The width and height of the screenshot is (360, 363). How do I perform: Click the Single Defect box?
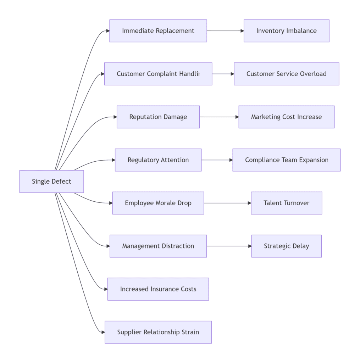pos(51,181)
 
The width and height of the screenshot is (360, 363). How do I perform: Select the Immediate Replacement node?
pos(158,31)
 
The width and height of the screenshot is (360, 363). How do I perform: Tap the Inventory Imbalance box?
pos(286,31)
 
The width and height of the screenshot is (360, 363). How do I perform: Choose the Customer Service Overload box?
pos(286,74)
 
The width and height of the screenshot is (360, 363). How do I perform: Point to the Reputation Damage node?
pos(158,117)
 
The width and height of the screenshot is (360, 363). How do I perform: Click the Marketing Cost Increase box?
pos(286,117)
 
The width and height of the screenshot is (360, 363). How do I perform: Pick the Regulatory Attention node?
pos(158,160)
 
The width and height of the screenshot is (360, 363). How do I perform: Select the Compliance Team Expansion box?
pos(286,160)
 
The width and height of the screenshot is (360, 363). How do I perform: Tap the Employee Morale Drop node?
pos(158,203)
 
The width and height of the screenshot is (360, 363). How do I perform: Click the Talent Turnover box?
pos(286,203)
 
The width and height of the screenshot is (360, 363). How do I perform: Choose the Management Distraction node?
pos(158,246)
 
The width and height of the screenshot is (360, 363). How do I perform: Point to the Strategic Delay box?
pos(286,246)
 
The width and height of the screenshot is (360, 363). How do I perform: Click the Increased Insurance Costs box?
pos(158,289)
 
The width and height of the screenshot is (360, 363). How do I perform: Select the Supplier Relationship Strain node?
pos(158,332)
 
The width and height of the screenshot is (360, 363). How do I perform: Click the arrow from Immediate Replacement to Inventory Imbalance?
pos(225,31)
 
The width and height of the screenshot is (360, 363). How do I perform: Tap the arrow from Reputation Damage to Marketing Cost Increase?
pos(219,117)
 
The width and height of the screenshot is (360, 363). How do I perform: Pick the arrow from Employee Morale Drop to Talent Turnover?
pos(227,203)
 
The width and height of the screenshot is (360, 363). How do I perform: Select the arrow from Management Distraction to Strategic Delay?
pos(229,246)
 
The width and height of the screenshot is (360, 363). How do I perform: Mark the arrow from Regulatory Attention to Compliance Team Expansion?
pos(217,160)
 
